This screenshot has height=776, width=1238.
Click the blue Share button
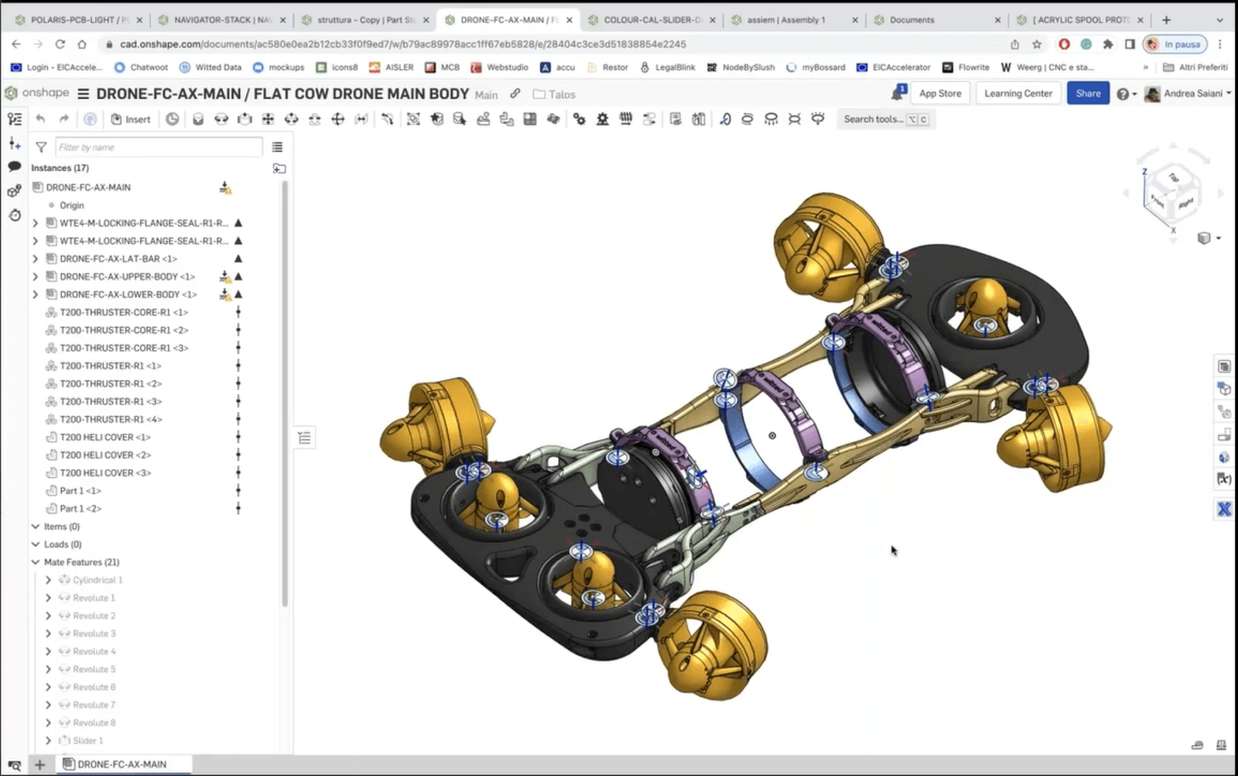(x=1087, y=94)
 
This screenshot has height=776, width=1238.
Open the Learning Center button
(x=1017, y=94)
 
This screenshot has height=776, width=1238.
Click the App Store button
(x=939, y=94)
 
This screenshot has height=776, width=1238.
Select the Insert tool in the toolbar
(x=131, y=119)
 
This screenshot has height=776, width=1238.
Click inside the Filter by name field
(x=158, y=147)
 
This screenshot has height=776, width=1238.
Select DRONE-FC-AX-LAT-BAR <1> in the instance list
(x=118, y=259)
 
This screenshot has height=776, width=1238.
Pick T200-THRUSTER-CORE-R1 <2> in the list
(x=124, y=330)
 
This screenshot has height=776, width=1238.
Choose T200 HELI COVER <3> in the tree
(x=105, y=472)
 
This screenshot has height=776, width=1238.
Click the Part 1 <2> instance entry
(x=80, y=508)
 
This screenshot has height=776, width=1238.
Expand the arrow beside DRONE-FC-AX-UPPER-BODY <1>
(x=35, y=276)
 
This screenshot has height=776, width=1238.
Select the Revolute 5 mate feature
(x=94, y=669)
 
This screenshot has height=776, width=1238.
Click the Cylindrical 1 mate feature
(x=97, y=580)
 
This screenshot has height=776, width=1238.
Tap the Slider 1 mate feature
(x=87, y=740)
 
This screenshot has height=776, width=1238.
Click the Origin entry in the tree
(x=71, y=205)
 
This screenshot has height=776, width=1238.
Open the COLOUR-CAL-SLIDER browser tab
(x=651, y=20)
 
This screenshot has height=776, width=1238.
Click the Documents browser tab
(x=911, y=20)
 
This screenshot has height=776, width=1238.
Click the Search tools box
(x=874, y=119)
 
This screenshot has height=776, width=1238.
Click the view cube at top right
(x=1173, y=194)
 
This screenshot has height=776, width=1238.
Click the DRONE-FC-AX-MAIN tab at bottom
(x=121, y=764)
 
